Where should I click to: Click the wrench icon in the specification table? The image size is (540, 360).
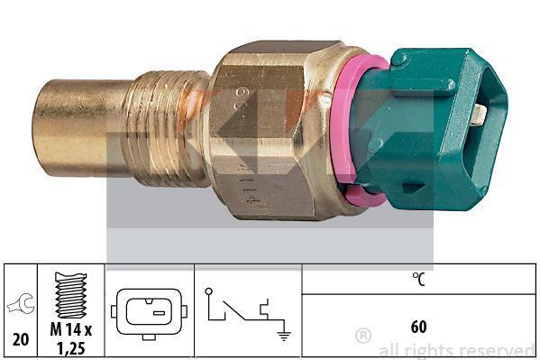point(21,303)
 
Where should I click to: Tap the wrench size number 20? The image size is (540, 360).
point(21,339)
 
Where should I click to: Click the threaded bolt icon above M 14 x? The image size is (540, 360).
point(71,295)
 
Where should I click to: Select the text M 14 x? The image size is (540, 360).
point(71,329)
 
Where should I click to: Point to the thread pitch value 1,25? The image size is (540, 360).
point(71,349)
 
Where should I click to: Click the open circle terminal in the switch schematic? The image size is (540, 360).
point(208,291)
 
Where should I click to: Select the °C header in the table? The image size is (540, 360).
point(418,279)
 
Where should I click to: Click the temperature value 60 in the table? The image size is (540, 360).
point(418,327)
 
